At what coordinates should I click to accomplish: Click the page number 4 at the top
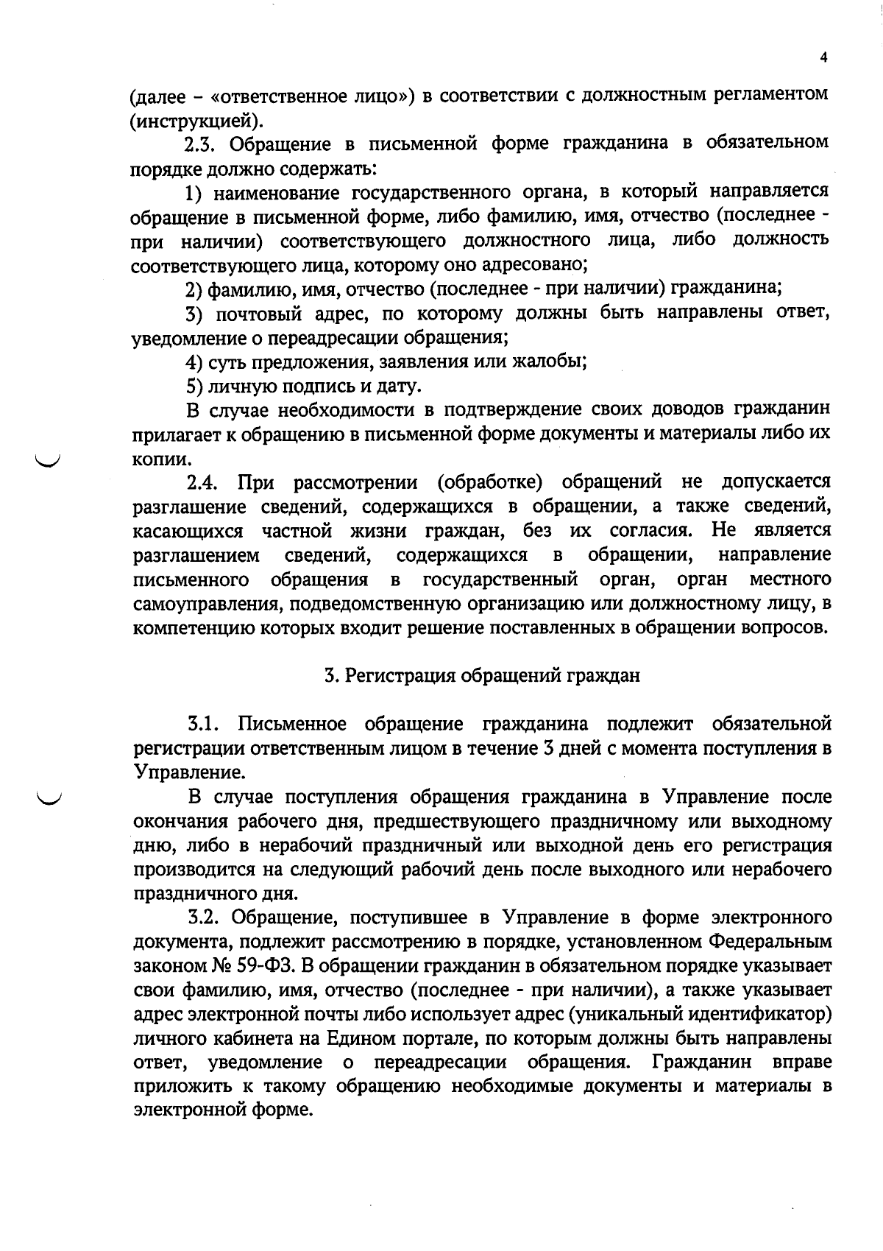click(x=823, y=58)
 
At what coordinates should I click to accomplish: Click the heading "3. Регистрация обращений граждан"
click(x=482, y=676)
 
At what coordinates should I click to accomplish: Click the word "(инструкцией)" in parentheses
click(x=194, y=119)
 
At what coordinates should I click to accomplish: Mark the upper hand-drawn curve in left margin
click(x=50, y=462)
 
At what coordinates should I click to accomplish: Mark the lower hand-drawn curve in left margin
click(x=50, y=797)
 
